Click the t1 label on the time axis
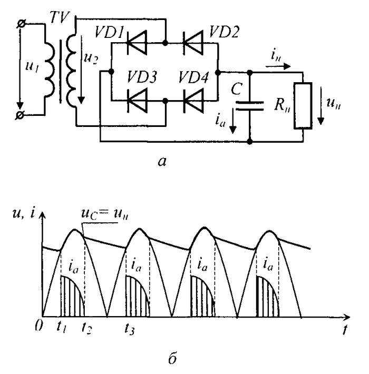(x=61, y=326)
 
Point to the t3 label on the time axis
(x=130, y=326)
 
